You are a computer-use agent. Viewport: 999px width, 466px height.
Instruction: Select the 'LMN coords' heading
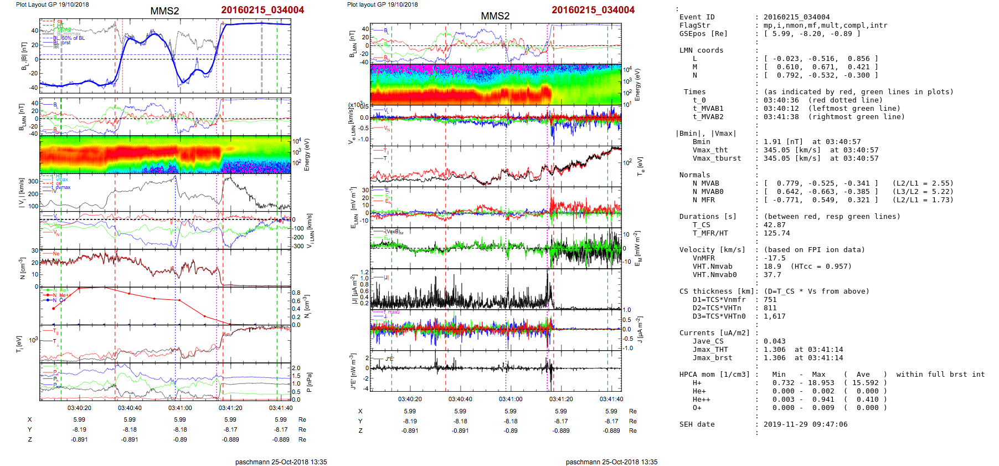click(701, 50)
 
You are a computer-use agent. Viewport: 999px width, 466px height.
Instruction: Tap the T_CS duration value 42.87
click(774, 225)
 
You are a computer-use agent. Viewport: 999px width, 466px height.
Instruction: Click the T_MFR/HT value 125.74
click(776, 233)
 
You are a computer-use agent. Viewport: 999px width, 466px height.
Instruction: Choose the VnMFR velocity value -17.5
click(774, 258)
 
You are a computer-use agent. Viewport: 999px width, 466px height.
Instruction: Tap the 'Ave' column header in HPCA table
click(863, 375)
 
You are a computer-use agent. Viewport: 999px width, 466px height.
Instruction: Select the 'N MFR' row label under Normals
click(703, 200)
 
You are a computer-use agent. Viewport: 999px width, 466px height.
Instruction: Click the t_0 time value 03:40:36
click(781, 100)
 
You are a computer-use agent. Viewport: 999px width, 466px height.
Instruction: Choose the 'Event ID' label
click(697, 17)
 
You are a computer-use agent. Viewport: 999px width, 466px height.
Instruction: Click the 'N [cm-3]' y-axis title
click(22, 268)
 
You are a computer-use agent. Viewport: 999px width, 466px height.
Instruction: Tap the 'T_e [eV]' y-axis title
click(641, 166)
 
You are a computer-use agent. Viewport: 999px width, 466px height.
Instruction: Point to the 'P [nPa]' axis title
click(308, 382)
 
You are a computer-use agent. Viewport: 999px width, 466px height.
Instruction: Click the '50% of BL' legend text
click(73, 38)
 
